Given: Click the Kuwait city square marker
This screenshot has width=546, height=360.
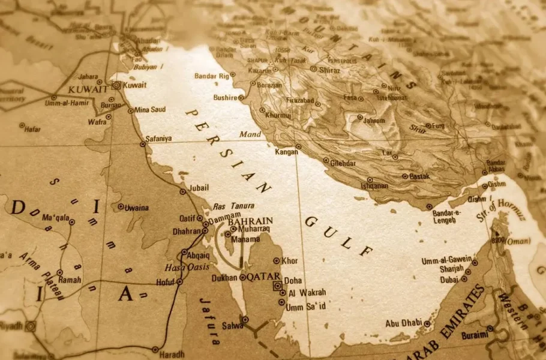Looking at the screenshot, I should click(x=116, y=85).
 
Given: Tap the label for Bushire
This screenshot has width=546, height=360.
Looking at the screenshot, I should click(x=225, y=97).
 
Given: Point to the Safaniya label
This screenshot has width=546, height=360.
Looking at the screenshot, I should click(x=158, y=139).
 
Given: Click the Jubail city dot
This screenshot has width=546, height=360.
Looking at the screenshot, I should click(x=182, y=191).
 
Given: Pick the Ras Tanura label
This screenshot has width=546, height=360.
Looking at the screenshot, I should click(x=233, y=206).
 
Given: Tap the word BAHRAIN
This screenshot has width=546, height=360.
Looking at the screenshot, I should click(x=250, y=221).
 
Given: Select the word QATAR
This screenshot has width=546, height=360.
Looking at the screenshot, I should click(x=265, y=277).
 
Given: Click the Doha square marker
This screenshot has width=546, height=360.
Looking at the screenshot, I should click(x=278, y=286).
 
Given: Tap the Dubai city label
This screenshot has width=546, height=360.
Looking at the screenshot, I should click(x=449, y=280).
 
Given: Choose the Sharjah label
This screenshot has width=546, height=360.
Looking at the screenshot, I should click(x=451, y=269).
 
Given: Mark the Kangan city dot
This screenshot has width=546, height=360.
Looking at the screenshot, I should click(x=298, y=147).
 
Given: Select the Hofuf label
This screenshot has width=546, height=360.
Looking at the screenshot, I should click(x=166, y=281).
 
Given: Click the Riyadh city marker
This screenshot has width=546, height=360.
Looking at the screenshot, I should click(x=31, y=326).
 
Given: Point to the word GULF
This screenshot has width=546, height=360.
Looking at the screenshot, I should click(x=339, y=236).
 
